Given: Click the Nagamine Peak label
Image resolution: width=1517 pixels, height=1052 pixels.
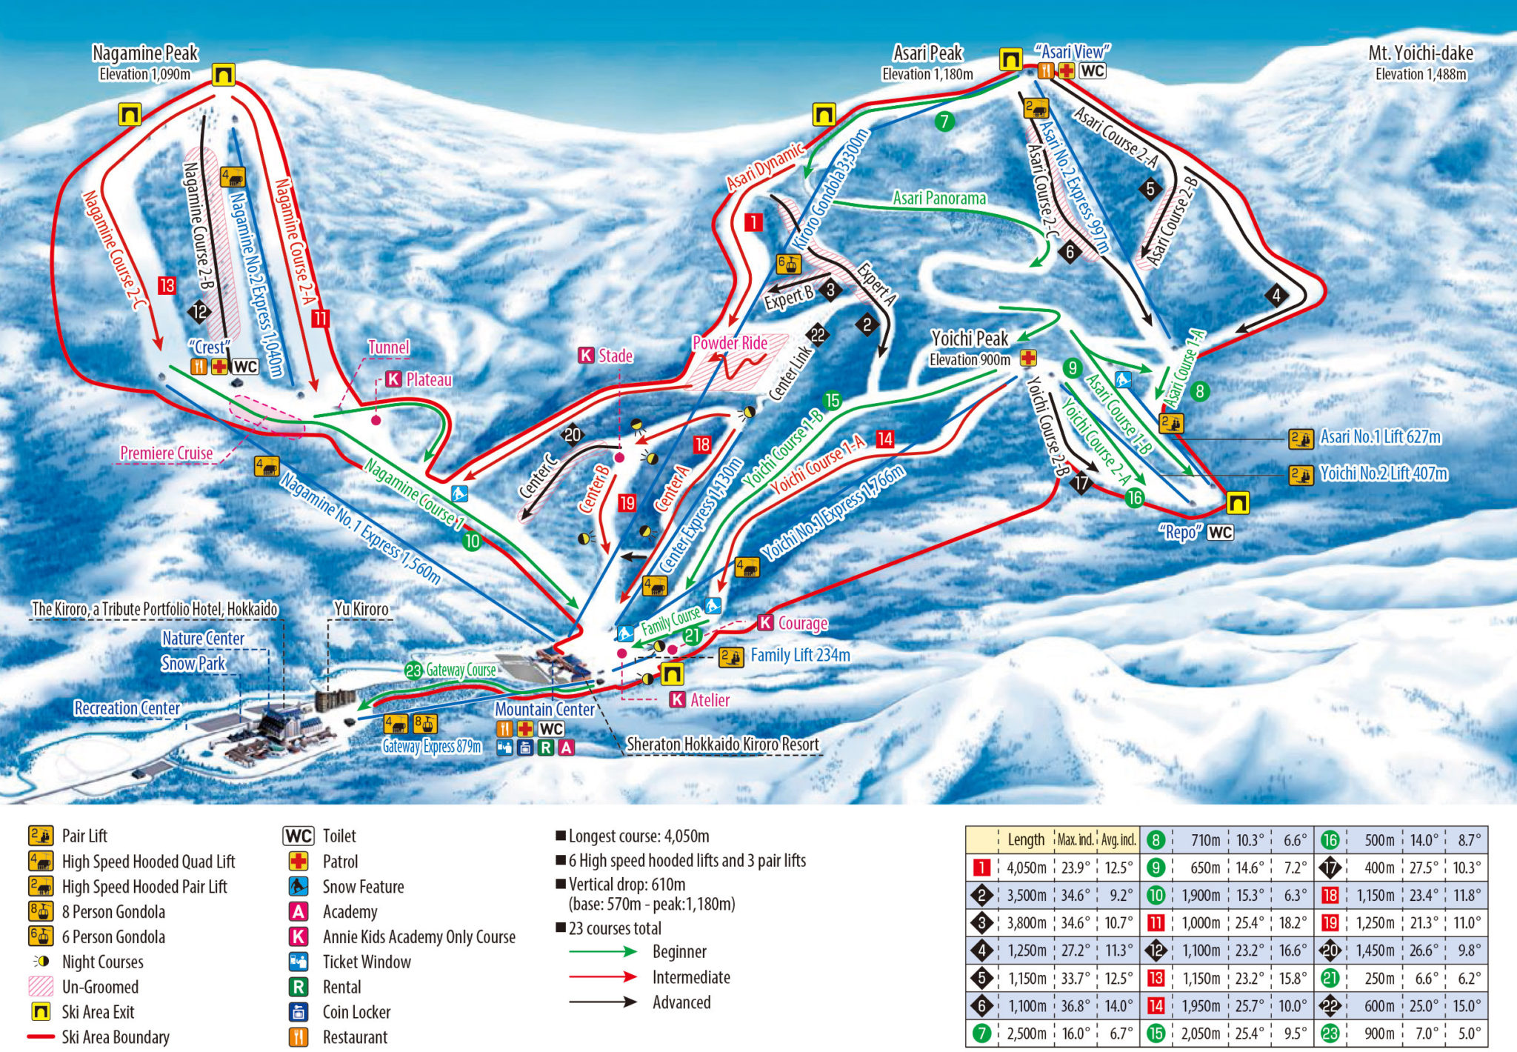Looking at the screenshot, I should pos(145,53).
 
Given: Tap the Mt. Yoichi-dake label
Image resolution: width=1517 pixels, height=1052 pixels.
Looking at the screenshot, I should pos(1420,53).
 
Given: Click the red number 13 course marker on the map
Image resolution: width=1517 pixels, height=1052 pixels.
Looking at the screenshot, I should pos(167,285).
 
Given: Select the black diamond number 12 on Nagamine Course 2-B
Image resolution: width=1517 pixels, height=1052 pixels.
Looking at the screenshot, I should pos(199,311).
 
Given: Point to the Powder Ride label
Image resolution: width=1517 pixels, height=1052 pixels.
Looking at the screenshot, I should pos(729,343).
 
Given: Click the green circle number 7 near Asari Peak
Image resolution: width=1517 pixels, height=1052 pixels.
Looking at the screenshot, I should pos(944,121).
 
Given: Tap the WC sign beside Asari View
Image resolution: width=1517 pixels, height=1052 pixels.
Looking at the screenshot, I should pos(1093,71).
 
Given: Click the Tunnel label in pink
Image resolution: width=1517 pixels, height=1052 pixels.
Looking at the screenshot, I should pos(388,347).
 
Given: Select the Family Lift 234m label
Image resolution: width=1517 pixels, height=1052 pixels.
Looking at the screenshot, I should pos(800,655).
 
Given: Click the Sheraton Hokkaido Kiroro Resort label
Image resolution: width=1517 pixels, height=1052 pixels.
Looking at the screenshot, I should pos(723,744).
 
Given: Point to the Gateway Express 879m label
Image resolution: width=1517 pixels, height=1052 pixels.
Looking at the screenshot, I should pos(432,746).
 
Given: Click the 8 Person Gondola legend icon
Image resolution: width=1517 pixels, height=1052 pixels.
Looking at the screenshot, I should pos(40,912).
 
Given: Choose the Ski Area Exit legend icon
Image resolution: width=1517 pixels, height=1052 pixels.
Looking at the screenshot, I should pos(40,1012).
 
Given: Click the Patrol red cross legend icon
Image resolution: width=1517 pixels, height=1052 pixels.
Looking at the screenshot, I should pos(299,862).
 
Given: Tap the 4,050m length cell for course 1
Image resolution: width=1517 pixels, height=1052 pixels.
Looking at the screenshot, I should pos(1026,868).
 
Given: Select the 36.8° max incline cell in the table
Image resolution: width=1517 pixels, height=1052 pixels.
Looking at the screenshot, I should pos(1075,1006).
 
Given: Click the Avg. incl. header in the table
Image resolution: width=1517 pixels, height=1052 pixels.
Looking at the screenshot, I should pos(1118,839).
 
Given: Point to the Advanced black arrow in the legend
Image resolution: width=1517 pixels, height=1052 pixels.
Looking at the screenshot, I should pos(603,1002).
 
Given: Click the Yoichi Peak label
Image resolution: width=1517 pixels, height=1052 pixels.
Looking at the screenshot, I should pos(970,339).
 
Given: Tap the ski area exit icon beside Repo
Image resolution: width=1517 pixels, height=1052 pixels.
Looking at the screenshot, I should pos(1237,503).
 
